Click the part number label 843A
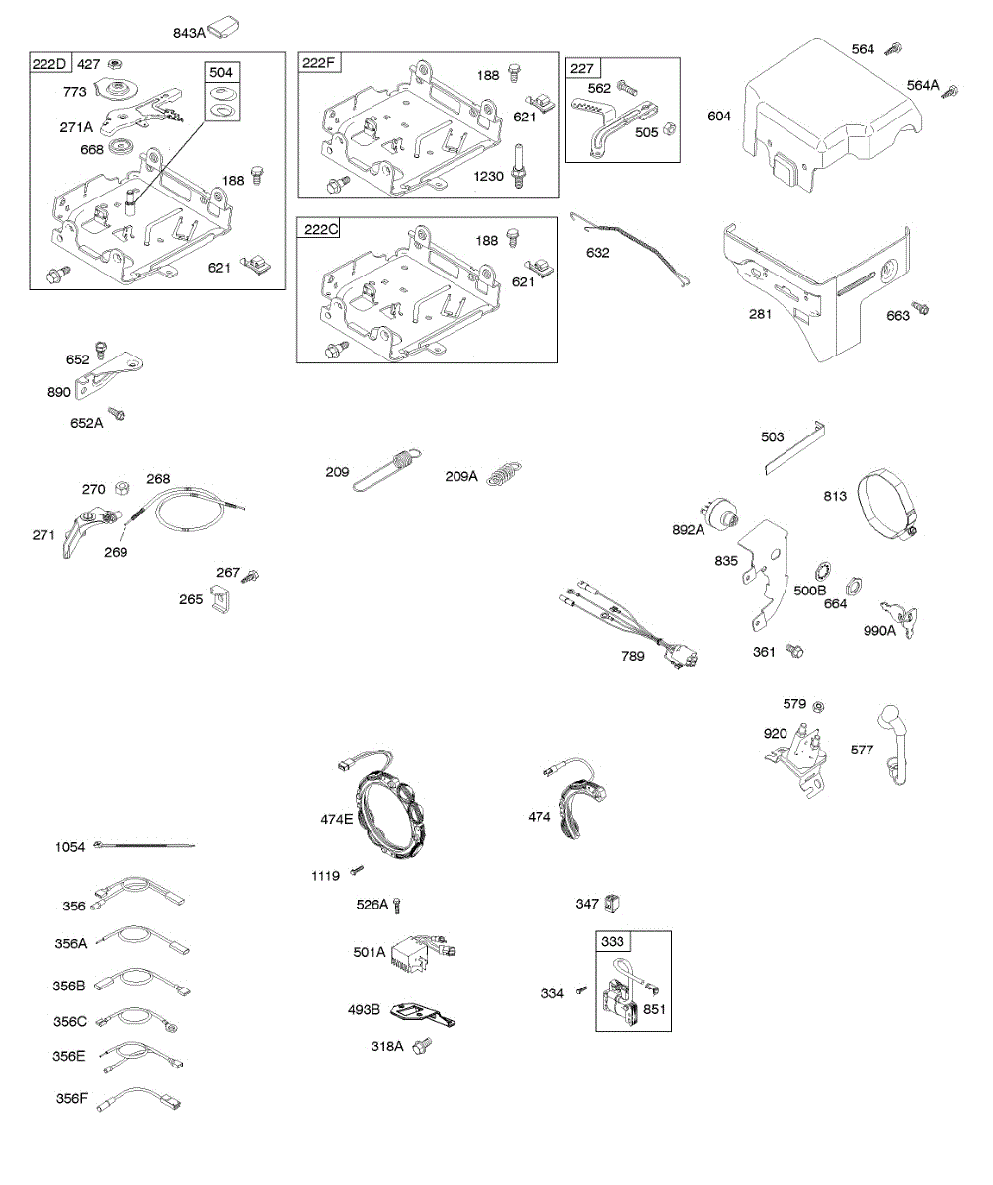(x=189, y=33)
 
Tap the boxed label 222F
(x=318, y=63)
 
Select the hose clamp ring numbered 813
(x=888, y=504)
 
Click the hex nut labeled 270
(x=123, y=487)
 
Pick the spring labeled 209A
(x=504, y=474)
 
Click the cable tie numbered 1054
(x=143, y=845)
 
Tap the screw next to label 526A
(x=397, y=905)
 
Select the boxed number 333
(x=612, y=941)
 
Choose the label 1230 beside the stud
(x=488, y=177)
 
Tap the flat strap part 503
(x=794, y=447)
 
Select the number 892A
(x=688, y=529)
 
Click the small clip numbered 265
(x=221, y=599)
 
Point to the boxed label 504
(x=221, y=73)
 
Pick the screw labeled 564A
(x=950, y=91)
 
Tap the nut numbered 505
(x=669, y=128)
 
